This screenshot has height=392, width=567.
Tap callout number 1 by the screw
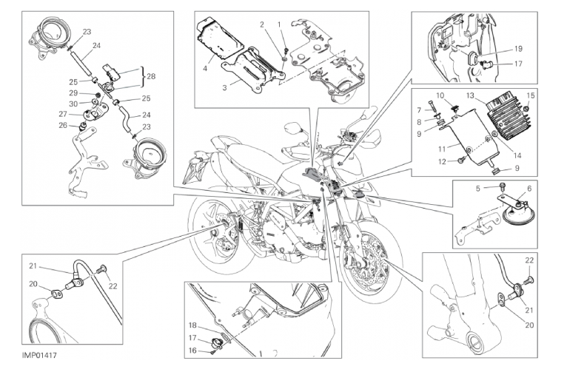(x=280, y=24)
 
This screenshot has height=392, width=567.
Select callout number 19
(x=517, y=49)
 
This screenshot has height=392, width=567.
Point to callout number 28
(x=152, y=75)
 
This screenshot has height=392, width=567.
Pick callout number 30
(x=73, y=104)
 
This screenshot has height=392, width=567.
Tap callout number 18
(x=192, y=325)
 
